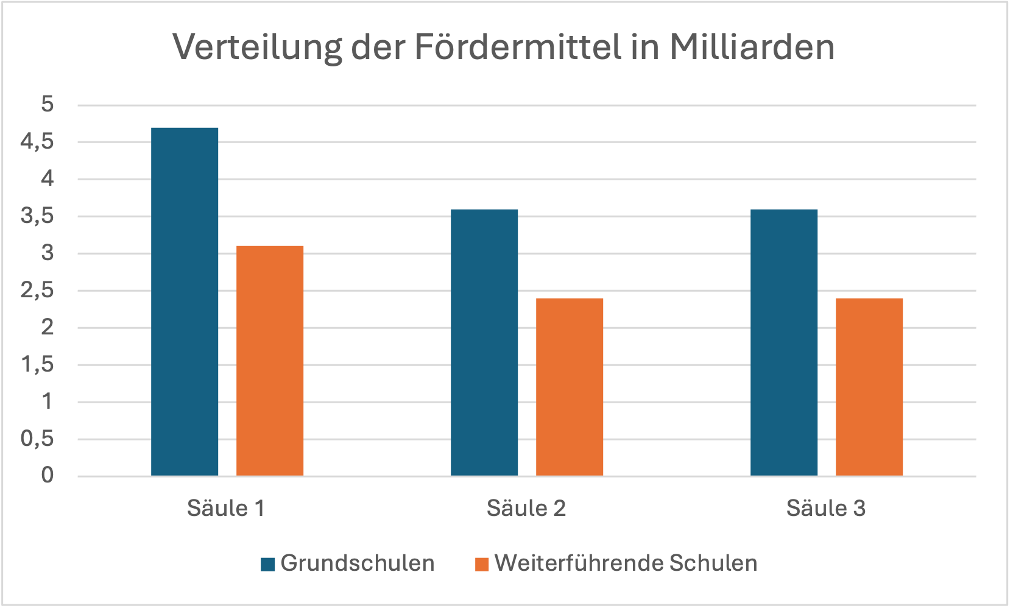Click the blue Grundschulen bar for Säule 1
point(185,302)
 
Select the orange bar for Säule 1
point(270,361)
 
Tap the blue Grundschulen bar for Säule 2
point(484,342)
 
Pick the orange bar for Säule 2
point(570,387)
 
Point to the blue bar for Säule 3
point(784,342)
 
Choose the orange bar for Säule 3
point(869,387)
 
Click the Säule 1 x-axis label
point(226,508)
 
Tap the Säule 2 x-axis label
point(526,508)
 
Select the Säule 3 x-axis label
point(825,508)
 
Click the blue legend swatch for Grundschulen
point(267,564)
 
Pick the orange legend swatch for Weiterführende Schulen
point(482,564)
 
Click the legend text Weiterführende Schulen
point(626,563)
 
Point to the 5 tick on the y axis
point(48,104)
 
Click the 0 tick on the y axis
point(48,475)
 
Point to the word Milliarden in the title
point(752,46)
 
